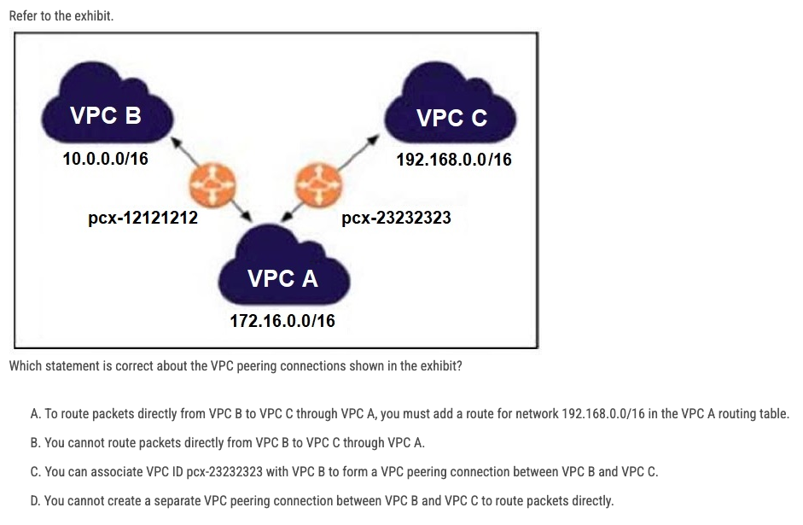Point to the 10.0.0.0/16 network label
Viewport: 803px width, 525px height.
click(105, 159)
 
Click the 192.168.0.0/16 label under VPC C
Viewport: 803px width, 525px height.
click(454, 160)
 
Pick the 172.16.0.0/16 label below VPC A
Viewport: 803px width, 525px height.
click(282, 321)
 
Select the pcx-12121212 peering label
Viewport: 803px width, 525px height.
click(143, 218)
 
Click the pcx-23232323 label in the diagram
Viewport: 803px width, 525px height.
click(396, 218)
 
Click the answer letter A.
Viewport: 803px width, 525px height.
click(34, 414)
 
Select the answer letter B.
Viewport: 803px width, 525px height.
click(34, 443)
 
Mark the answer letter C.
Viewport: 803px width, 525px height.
click(34, 472)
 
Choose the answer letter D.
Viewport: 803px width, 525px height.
click(34, 501)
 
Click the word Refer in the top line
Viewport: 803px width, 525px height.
click(23, 16)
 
